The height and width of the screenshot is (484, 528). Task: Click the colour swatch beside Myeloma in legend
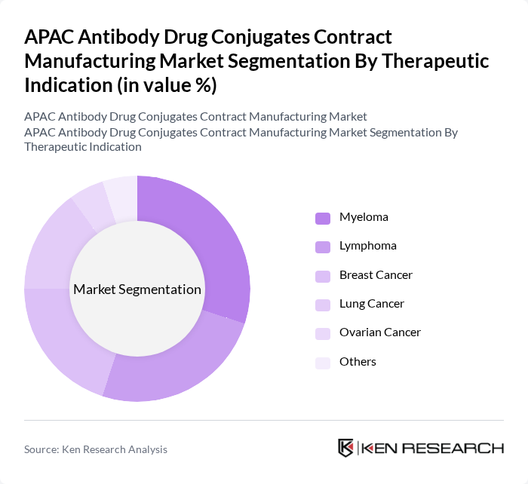pos(323,218)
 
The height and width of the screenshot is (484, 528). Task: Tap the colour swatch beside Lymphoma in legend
pos(323,247)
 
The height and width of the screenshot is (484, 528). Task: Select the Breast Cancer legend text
pos(376,275)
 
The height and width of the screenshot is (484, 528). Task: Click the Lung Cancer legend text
pos(371,304)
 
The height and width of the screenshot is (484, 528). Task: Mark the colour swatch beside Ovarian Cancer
pos(323,333)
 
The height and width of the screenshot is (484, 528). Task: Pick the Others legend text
pos(358,362)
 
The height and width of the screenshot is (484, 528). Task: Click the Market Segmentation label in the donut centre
pos(137,289)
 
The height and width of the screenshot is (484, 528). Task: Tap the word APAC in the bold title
pos(50,37)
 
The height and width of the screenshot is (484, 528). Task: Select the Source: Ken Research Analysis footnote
pos(96,449)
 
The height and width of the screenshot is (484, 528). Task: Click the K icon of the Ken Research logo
pos(346,448)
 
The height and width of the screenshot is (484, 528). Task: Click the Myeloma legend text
pos(364,217)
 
